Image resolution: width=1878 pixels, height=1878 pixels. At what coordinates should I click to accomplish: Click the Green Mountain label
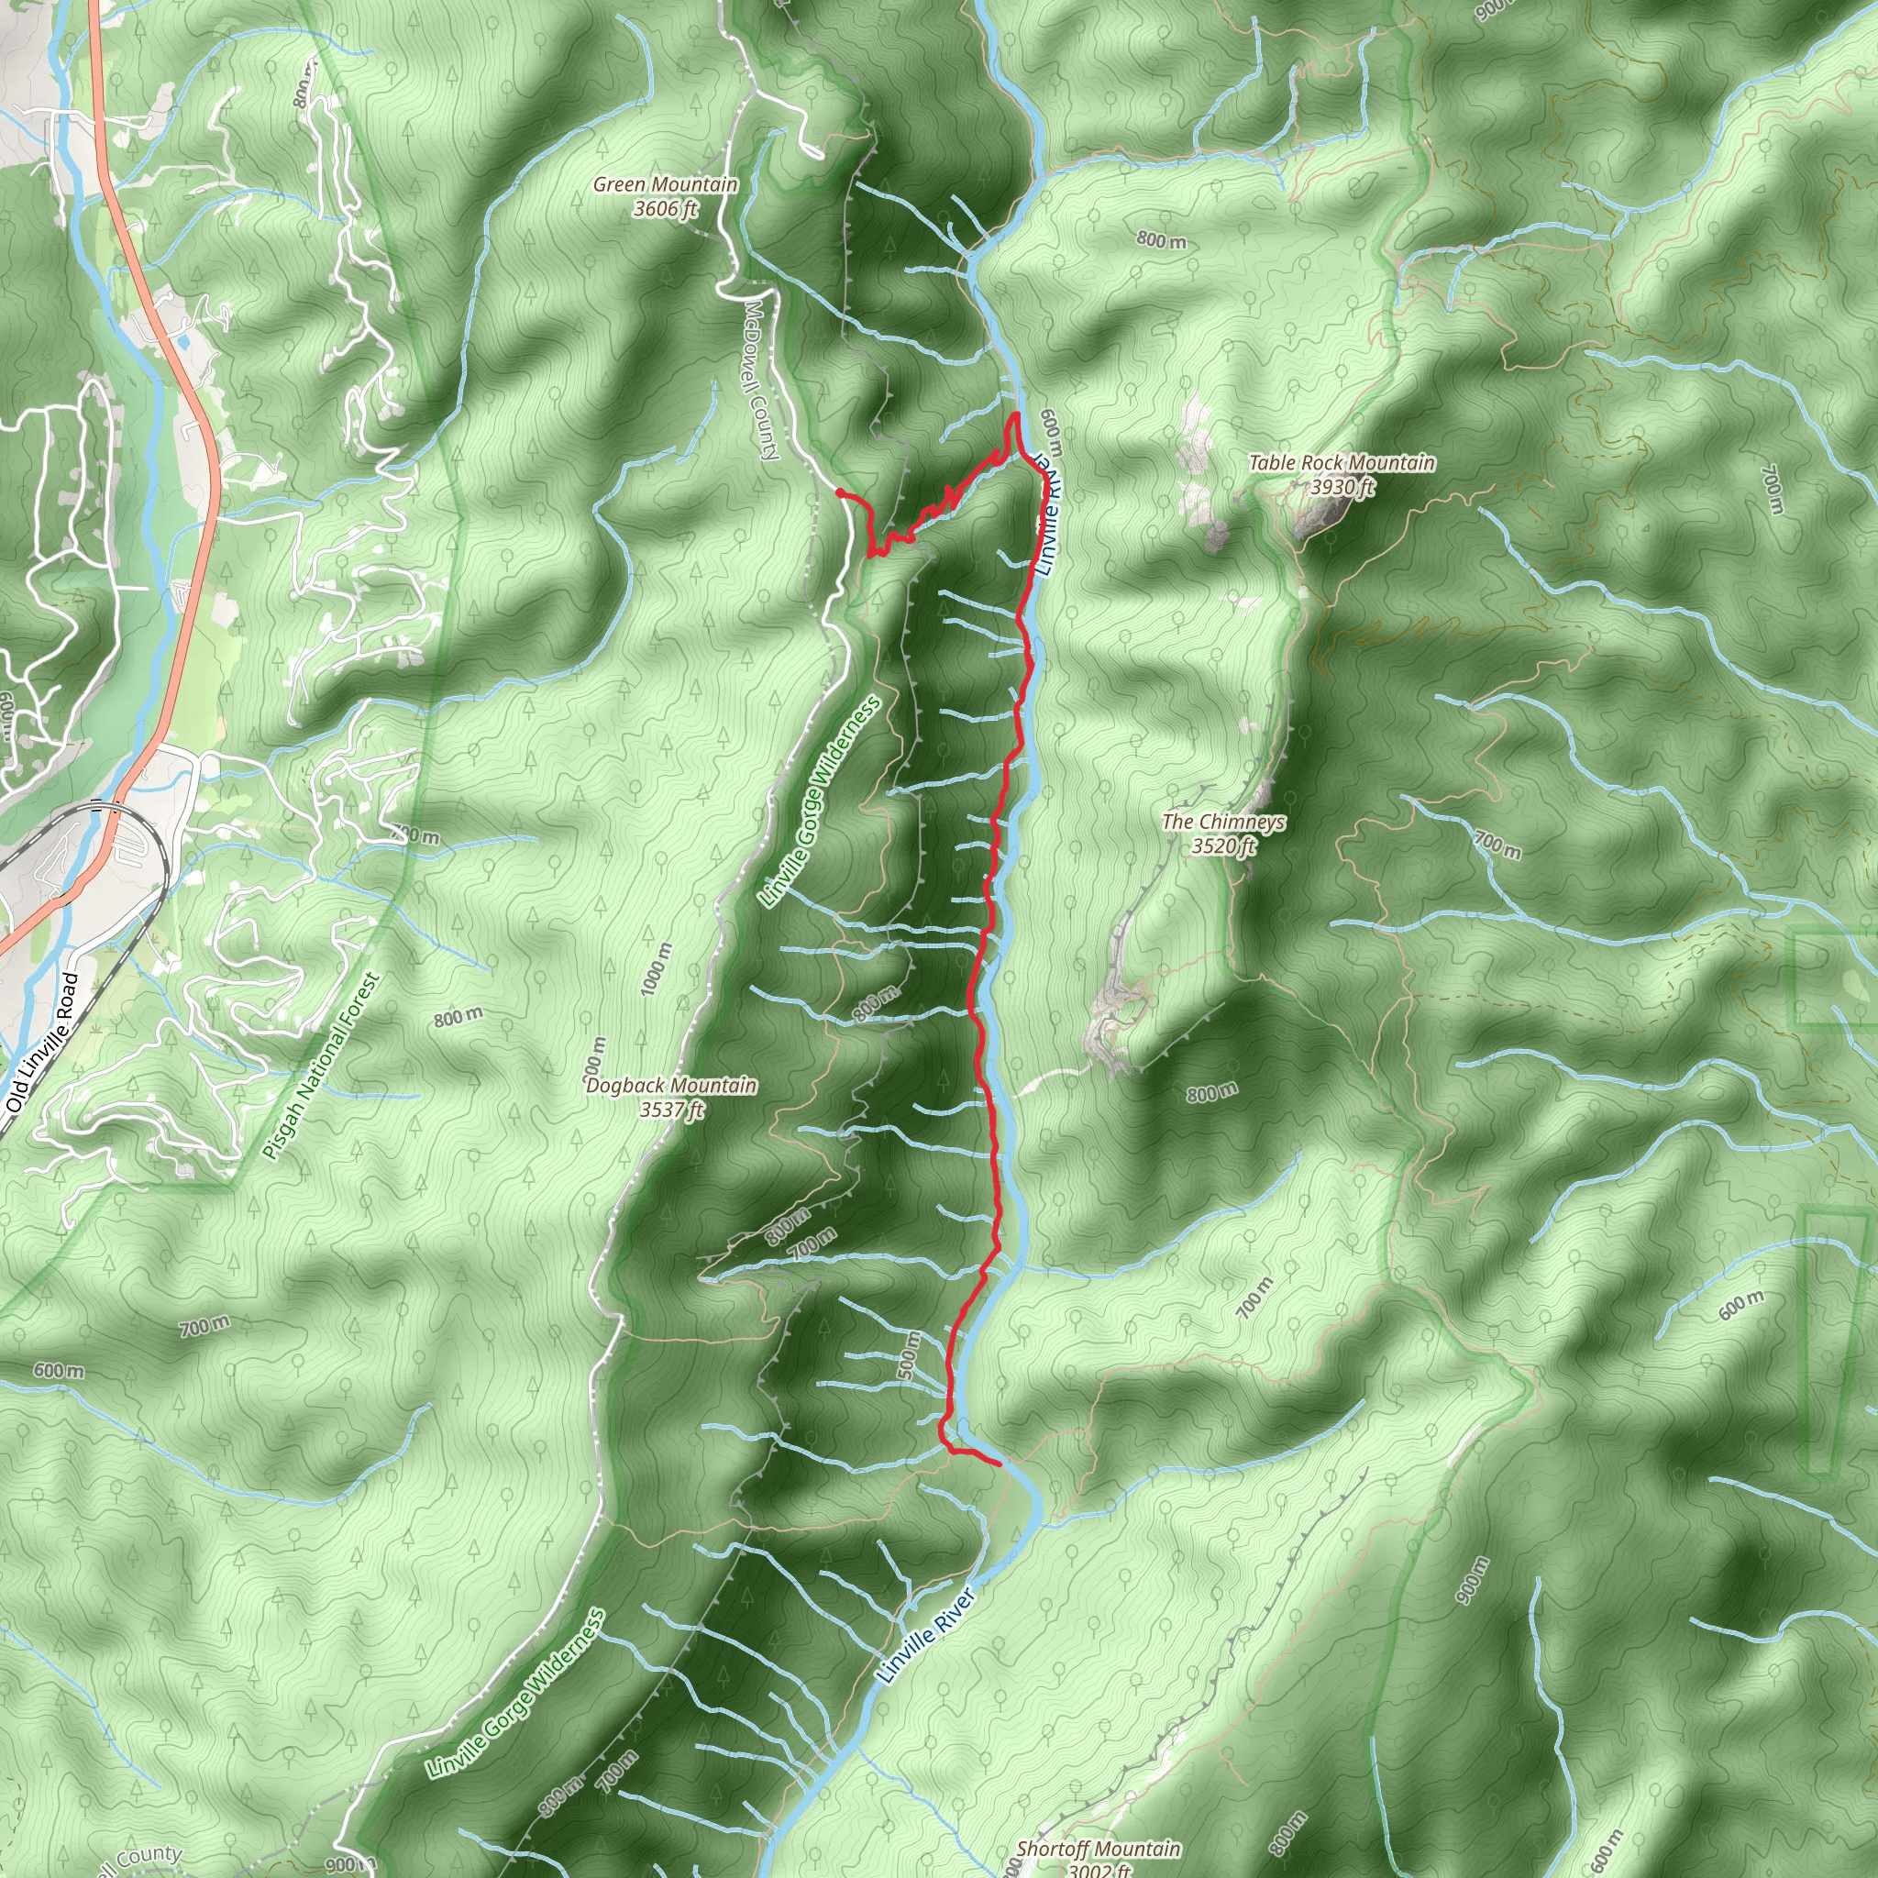click(x=665, y=183)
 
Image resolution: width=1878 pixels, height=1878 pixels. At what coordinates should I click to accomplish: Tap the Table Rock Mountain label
click(x=1342, y=463)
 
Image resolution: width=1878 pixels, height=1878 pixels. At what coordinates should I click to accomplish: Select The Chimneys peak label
click(x=1223, y=822)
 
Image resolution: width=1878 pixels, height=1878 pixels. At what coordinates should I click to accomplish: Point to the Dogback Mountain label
click(x=670, y=1085)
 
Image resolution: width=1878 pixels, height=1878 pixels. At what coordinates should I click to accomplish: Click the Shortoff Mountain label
click(x=1099, y=1849)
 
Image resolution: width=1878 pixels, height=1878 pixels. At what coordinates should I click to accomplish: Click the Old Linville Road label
click(x=42, y=1042)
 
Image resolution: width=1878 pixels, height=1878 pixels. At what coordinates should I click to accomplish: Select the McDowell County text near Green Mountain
click(x=761, y=379)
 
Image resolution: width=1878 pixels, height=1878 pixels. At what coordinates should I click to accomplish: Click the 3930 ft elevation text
click(x=1342, y=486)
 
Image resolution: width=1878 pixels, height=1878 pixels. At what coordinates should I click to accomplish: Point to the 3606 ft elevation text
click(x=665, y=208)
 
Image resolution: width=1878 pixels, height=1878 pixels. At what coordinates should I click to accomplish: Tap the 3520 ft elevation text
click(x=1223, y=845)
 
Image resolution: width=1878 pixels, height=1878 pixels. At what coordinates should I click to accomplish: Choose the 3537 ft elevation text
click(x=670, y=1110)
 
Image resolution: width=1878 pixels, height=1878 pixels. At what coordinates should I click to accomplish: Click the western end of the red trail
click(x=839, y=492)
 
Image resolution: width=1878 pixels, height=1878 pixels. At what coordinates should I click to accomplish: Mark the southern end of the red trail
click(x=1000, y=1463)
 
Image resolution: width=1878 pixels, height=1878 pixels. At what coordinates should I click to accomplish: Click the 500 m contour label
click(x=907, y=1354)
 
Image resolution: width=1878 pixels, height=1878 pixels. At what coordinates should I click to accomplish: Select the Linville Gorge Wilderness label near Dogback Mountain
click(x=821, y=803)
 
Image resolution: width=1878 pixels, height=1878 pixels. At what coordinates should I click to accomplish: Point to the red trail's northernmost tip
click(x=1016, y=415)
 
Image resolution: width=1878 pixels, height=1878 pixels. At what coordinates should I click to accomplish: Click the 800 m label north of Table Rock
click(x=1161, y=239)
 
